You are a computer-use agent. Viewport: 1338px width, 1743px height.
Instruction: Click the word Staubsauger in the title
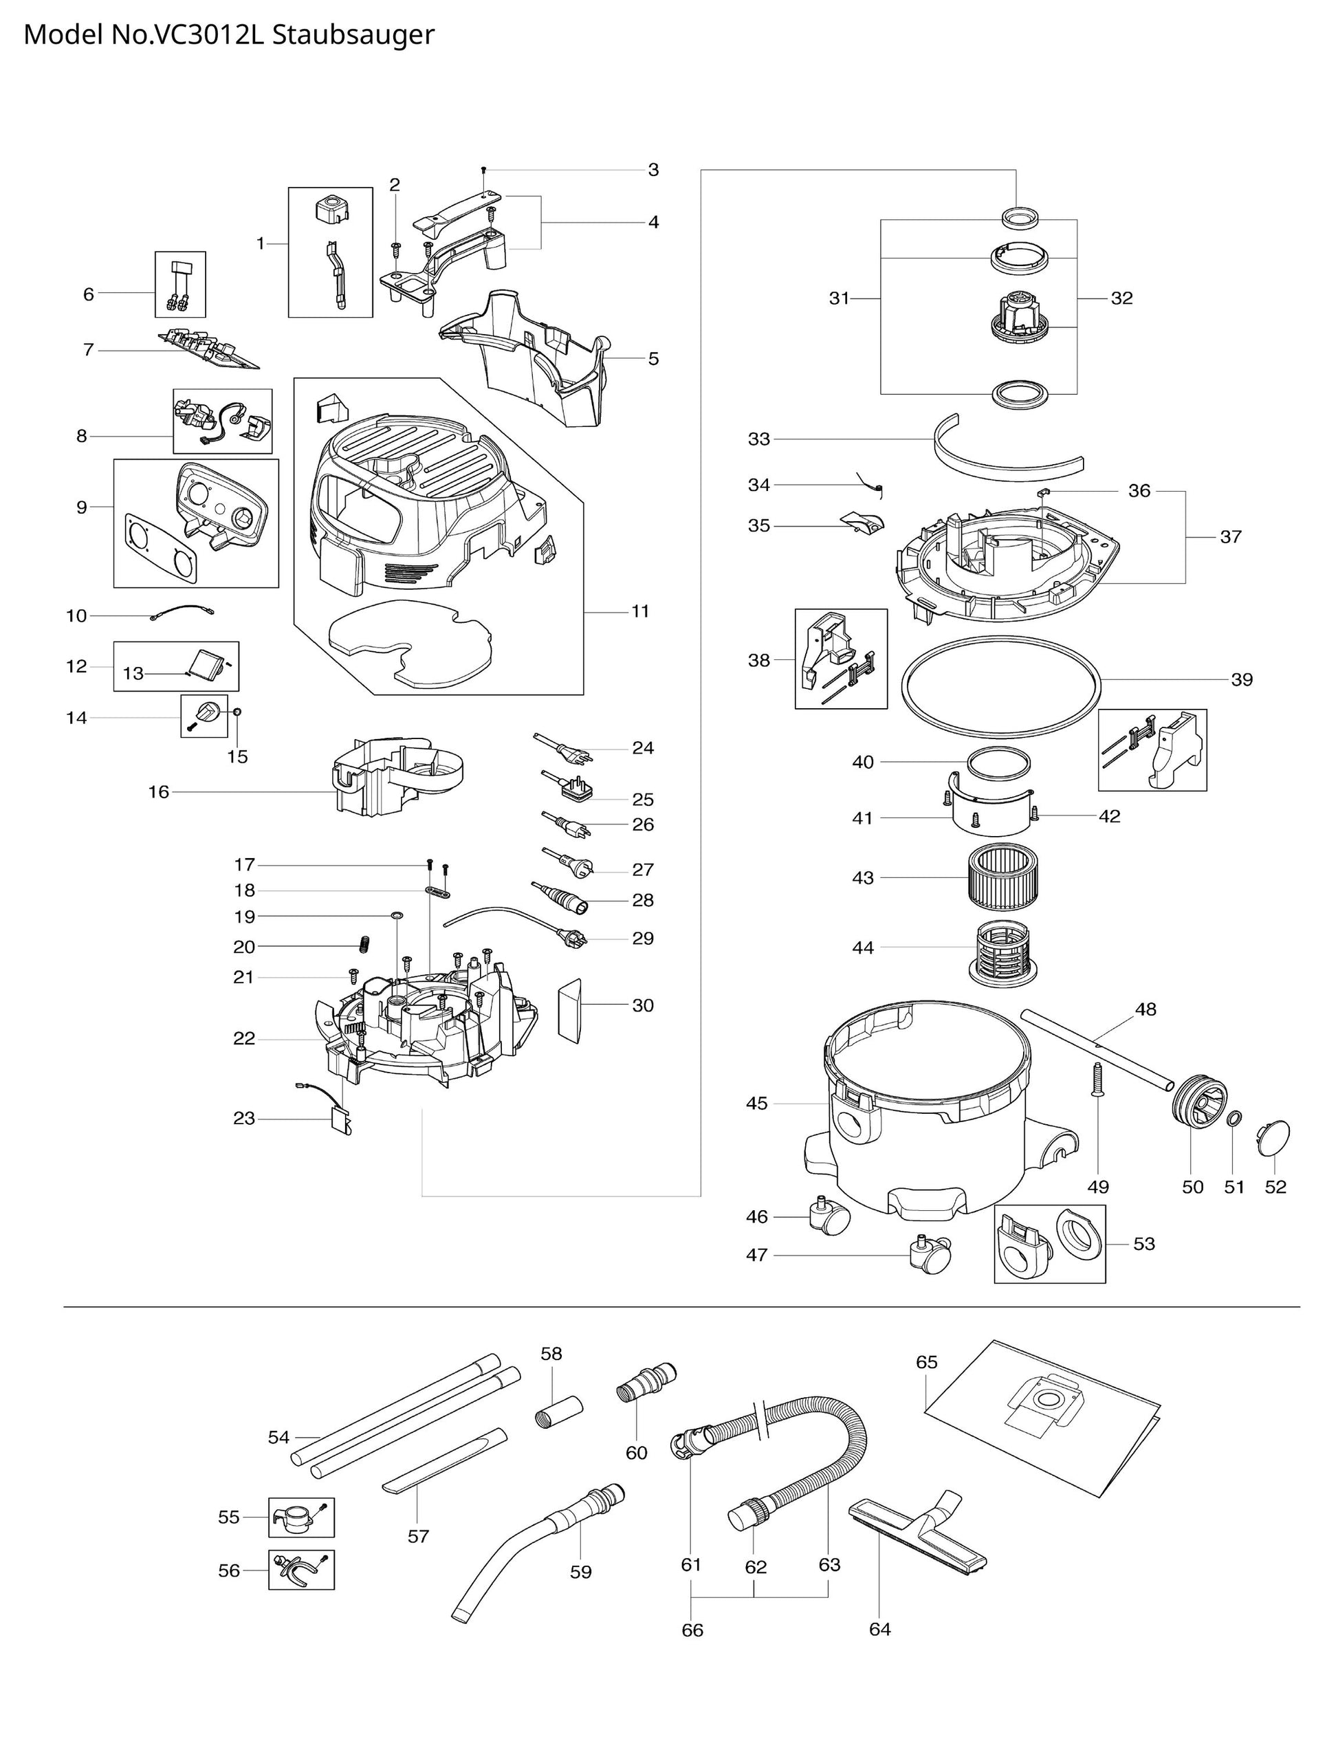click(353, 35)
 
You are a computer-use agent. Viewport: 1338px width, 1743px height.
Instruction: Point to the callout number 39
click(1242, 679)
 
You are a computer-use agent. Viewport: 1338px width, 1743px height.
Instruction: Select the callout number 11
click(640, 611)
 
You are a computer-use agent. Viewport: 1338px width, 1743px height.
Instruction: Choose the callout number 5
click(653, 358)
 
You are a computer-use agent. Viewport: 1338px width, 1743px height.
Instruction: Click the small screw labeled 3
click(484, 171)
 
